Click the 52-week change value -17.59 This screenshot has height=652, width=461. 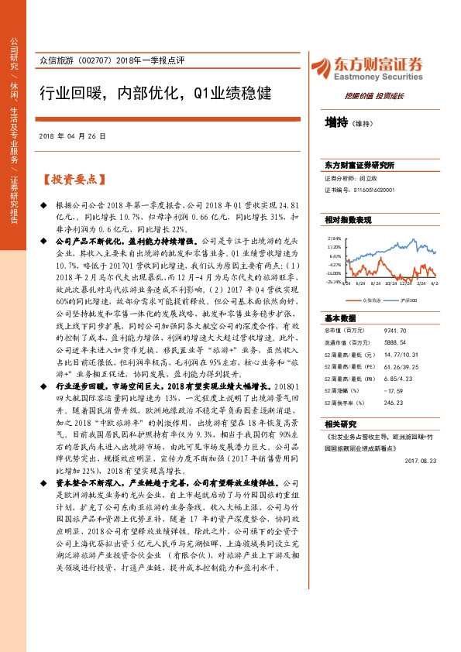(x=395, y=390)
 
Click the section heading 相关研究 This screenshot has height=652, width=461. (x=339, y=424)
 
